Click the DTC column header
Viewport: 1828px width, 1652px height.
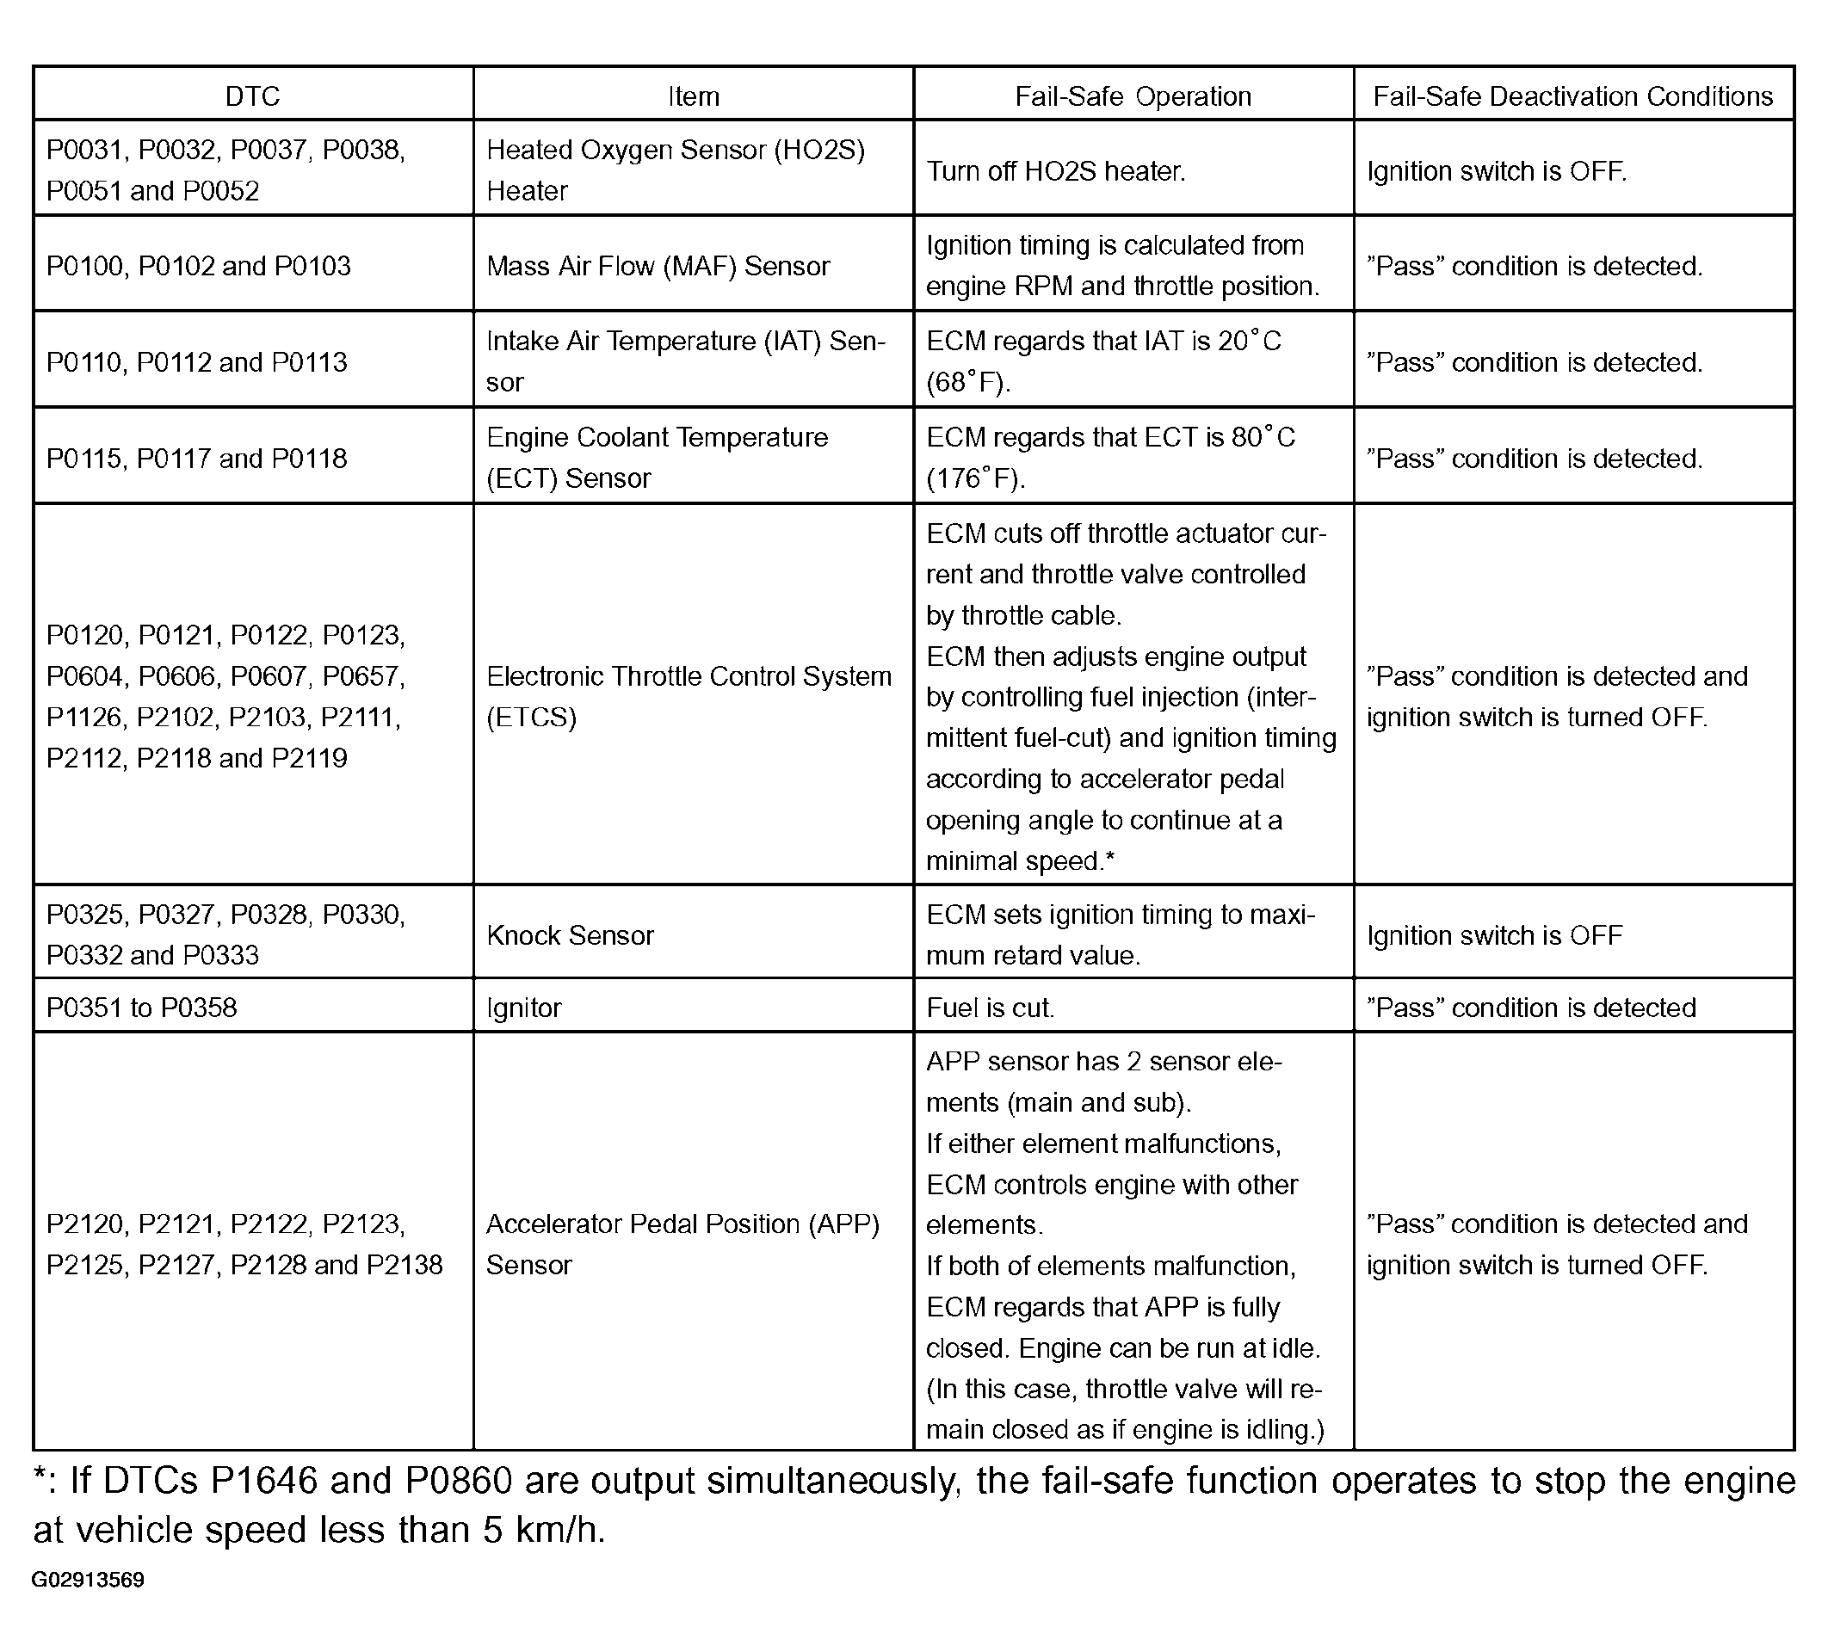pyautogui.click(x=252, y=96)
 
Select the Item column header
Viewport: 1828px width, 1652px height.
pyautogui.click(x=693, y=96)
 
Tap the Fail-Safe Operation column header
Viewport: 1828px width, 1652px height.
pyautogui.click(x=1133, y=96)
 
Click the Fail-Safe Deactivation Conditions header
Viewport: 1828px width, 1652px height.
pyautogui.click(x=1572, y=96)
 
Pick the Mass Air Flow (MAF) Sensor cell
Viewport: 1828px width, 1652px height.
pyautogui.click(x=658, y=266)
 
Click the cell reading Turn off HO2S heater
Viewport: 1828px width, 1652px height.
pyautogui.click(x=1055, y=170)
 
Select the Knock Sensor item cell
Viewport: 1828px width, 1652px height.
pyautogui.click(x=570, y=934)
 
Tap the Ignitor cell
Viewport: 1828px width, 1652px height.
pyautogui.click(x=524, y=1008)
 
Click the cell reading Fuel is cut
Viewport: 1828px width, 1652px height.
pyautogui.click(x=990, y=1008)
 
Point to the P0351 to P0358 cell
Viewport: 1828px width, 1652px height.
pyautogui.click(x=141, y=1008)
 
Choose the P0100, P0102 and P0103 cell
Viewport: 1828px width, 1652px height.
pyautogui.click(x=198, y=266)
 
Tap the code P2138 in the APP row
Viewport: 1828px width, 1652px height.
pyautogui.click(x=405, y=1265)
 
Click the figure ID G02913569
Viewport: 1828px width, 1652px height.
pyautogui.click(x=88, y=1581)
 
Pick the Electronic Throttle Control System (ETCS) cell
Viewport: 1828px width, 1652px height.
pyautogui.click(x=689, y=696)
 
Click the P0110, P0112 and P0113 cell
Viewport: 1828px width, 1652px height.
pyautogui.click(x=196, y=361)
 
